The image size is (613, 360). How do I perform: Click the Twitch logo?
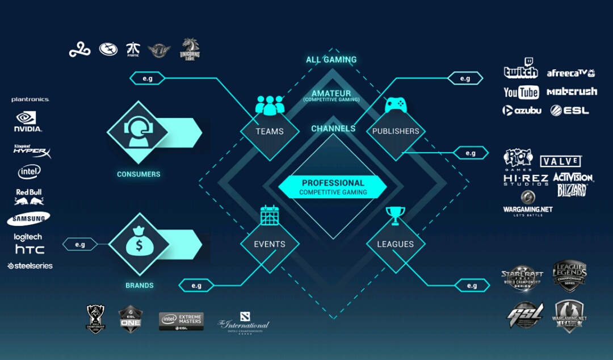[520, 69]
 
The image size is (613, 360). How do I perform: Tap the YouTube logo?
[521, 92]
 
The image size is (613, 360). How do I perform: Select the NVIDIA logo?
[27, 122]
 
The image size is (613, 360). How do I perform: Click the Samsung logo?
[28, 219]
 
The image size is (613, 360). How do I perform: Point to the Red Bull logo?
[29, 196]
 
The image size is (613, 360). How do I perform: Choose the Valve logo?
[560, 161]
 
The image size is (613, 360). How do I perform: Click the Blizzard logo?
[571, 190]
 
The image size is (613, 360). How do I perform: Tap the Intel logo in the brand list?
[29, 171]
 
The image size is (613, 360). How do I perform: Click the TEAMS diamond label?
[270, 131]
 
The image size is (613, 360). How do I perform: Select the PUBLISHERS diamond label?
[396, 131]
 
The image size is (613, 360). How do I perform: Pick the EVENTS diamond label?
[270, 244]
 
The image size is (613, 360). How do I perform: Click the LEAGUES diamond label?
[396, 244]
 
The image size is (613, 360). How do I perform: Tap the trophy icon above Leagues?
[396, 215]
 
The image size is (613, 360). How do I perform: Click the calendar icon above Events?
[270, 215]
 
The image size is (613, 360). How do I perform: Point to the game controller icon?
[396, 105]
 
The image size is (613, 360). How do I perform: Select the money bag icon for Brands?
[138, 244]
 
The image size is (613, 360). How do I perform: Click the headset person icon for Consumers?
[138, 132]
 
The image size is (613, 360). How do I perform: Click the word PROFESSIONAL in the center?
[333, 183]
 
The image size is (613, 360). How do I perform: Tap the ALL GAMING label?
[331, 60]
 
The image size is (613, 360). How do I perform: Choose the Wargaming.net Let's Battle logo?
[527, 203]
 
